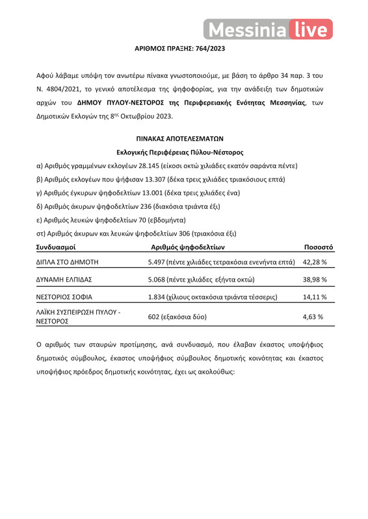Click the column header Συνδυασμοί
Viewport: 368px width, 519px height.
tap(57, 247)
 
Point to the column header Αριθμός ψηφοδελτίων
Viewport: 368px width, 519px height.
tap(188, 247)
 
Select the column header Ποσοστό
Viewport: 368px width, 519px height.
tap(319, 247)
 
